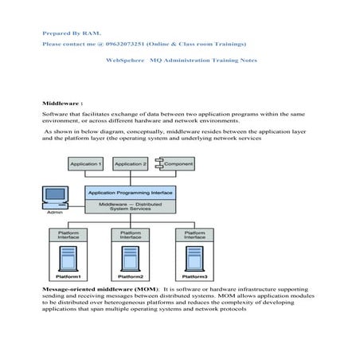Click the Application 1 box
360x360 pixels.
click(x=86, y=164)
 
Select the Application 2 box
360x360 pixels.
click(x=130, y=164)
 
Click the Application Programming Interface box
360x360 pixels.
click(x=130, y=193)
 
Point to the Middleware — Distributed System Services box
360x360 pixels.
click(x=130, y=206)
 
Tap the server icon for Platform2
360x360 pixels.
click(x=130, y=257)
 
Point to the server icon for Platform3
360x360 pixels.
click(x=194, y=257)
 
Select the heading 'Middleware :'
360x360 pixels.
click(x=63, y=104)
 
